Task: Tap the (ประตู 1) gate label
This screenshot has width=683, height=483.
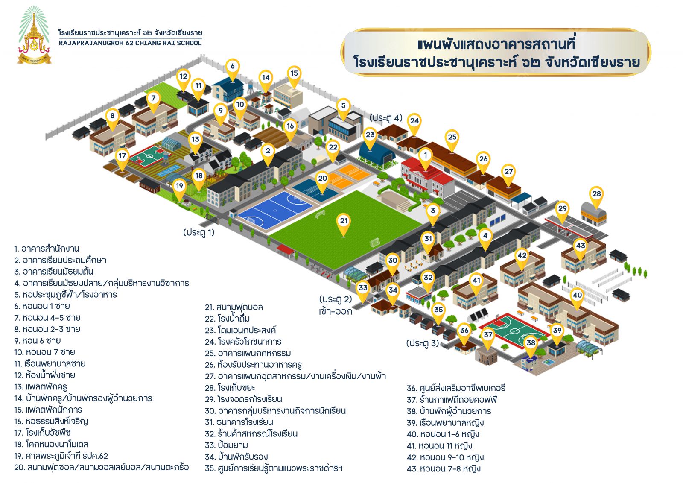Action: coord(199,232)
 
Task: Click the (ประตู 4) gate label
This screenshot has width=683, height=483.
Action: coord(386,118)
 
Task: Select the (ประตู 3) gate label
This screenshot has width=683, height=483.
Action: coord(423,343)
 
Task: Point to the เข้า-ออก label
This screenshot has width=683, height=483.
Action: coord(336,311)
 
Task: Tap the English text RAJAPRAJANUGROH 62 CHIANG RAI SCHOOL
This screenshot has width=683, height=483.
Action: coord(130,43)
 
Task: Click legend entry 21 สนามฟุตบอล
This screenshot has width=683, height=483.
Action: coord(234,307)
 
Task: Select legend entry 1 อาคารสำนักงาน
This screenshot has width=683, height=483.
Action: coord(47,249)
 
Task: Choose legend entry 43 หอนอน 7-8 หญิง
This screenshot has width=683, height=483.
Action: coord(444,468)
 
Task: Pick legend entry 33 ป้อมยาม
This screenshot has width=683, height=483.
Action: coord(227,445)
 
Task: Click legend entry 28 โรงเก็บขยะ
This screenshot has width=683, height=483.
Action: coord(230,388)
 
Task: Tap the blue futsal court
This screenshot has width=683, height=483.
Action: coord(275,211)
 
